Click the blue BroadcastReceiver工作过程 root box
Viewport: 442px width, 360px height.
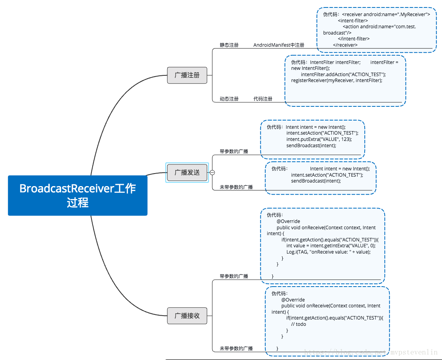click(77, 196)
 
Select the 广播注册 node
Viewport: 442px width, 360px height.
click(187, 75)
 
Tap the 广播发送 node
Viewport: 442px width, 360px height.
click(187, 172)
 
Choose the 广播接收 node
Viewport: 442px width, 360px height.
click(187, 316)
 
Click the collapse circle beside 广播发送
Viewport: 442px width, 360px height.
click(212, 172)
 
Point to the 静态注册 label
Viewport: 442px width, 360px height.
click(229, 45)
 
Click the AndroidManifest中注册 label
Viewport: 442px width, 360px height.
click(279, 45)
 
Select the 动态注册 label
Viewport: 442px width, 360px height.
click(229, 99)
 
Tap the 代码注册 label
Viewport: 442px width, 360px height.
click(263, 99)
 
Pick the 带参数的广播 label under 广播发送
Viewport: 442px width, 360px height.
click(234, 152)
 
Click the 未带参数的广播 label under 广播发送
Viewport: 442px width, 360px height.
click(236, 187)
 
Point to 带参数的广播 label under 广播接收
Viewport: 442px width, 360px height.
click(234, 276)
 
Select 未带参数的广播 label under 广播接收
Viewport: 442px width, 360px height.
click(236, 349)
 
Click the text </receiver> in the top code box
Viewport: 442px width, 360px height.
click(345, 45)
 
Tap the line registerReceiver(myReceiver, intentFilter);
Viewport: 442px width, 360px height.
click(337, 80)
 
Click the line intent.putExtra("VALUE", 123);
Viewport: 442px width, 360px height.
click(319, 139)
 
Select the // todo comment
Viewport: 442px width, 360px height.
click(298, 324)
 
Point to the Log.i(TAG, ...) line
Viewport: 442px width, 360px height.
click(329, 252)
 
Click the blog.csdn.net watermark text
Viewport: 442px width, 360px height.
click(371, 352)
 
